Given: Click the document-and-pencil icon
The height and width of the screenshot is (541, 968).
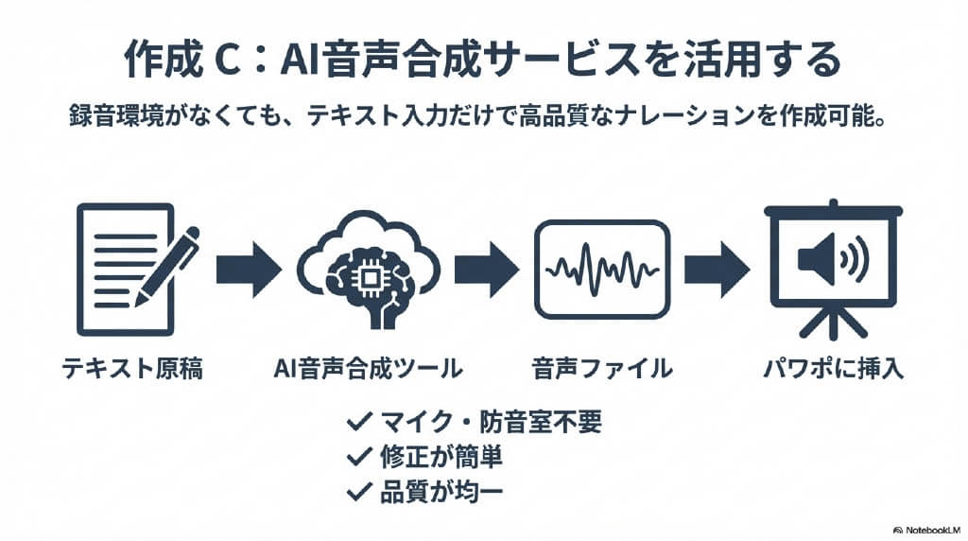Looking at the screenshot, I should point(132,270).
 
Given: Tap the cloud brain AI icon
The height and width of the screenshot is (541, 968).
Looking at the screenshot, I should point(368,269).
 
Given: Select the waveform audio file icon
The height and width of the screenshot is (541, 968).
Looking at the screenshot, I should point(601,270).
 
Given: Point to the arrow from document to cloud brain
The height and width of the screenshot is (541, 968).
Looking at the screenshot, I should point(249,270).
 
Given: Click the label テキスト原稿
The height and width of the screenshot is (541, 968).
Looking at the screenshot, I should point(132,368).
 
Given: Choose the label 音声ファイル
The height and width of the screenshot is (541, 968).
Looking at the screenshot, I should point(601,368).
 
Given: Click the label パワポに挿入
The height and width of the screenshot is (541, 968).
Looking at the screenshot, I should point(833,368).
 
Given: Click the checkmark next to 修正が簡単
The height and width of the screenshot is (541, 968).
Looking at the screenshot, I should point(358,457).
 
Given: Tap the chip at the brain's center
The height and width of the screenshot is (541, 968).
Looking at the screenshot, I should point(368,271).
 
